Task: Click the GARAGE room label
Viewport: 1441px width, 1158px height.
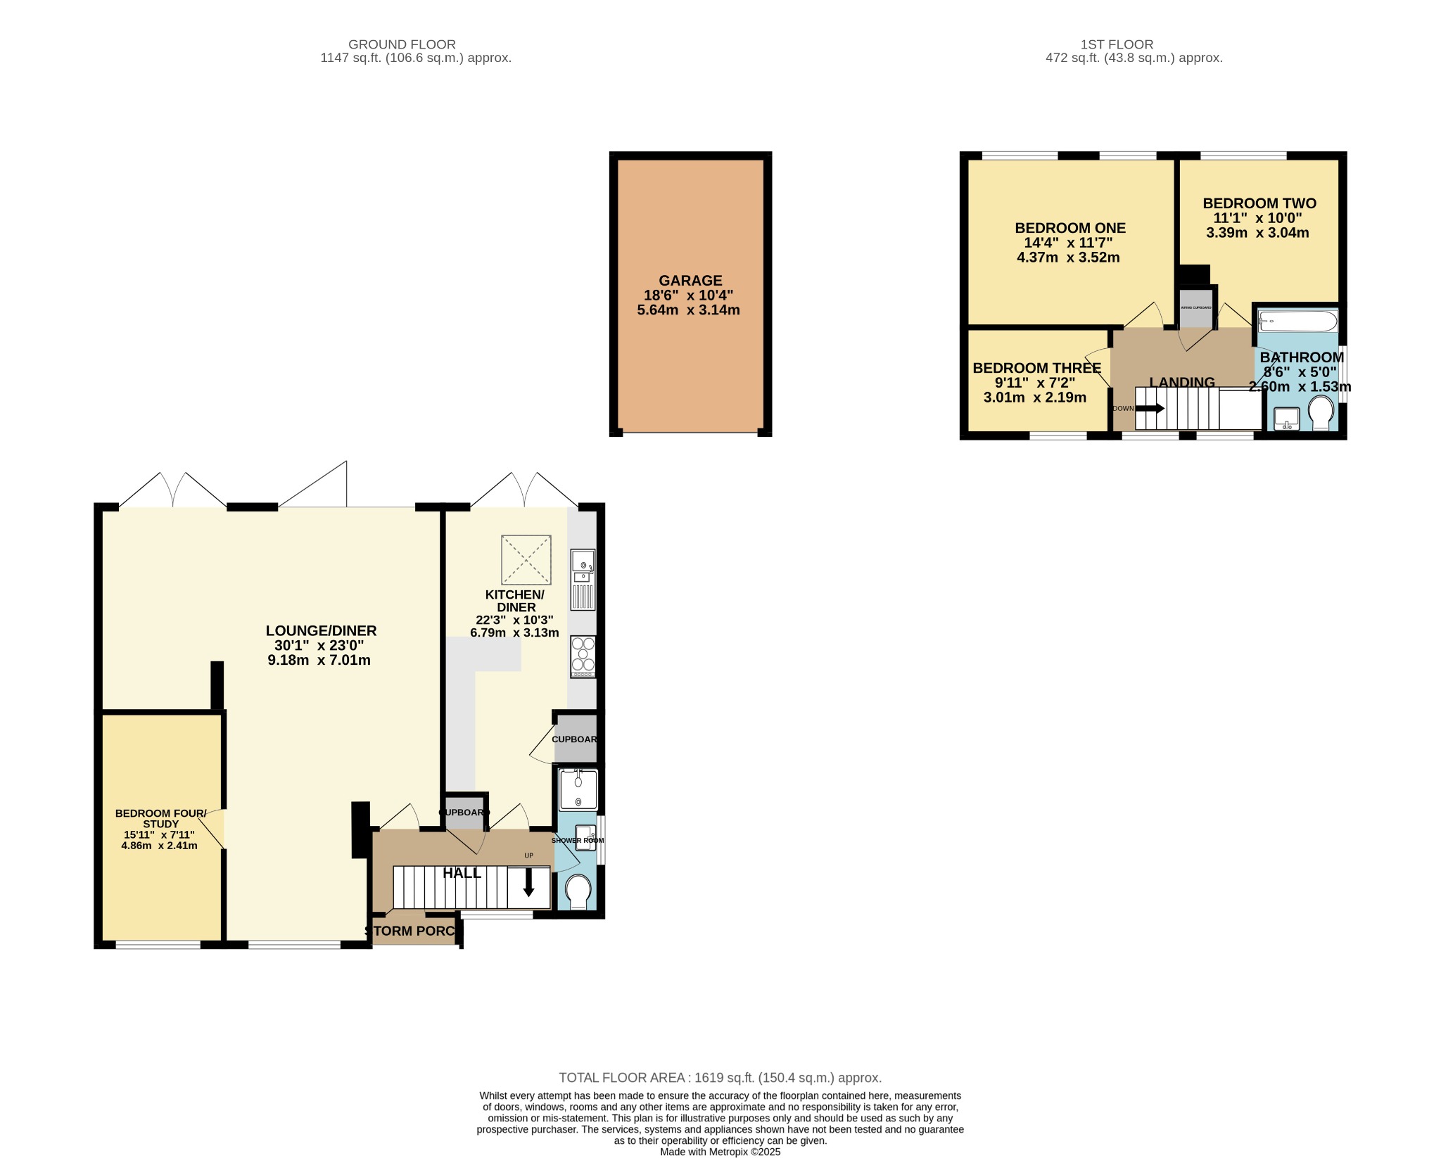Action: point(690,280)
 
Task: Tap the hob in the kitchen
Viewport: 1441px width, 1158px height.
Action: point(583,657)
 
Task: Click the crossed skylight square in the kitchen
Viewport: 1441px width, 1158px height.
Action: point(526,560)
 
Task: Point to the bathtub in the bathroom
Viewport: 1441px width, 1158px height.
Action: point(1297,322)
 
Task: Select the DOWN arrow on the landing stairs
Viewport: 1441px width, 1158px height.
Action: point(1150,408)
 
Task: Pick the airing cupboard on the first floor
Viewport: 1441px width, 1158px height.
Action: point(1196,308)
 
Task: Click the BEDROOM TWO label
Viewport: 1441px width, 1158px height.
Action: point(1259,203)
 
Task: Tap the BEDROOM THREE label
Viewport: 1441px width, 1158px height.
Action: point(1036,368)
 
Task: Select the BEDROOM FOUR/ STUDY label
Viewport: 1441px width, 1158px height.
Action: point(160,819)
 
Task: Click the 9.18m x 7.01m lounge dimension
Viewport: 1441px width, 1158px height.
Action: point(319,660)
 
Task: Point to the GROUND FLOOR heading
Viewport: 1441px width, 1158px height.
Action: point(402,44)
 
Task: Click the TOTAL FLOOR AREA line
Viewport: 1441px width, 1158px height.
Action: point(720,1078)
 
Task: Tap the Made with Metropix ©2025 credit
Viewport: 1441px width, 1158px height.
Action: point(720,1152)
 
